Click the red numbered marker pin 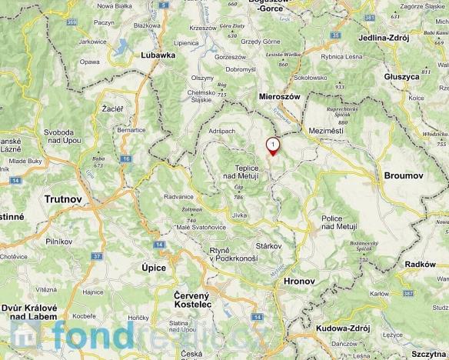tap(272, 145)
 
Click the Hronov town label tap(300, 282)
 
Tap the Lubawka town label tap(159, 55)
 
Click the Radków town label tap(420, 264)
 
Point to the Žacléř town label tap(112, 110)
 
